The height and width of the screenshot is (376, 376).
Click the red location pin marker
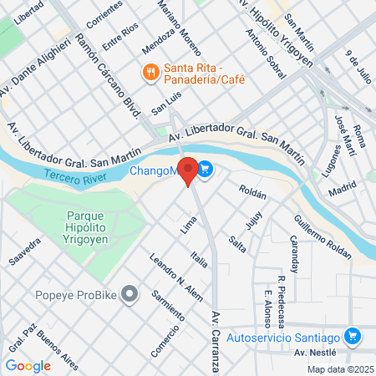tap(189, 170)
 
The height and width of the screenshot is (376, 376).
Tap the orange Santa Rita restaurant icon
tap(150, 72)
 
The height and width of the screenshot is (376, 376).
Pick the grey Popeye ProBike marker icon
tap(129, 294)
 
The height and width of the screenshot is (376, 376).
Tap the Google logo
tap(28, 365)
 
